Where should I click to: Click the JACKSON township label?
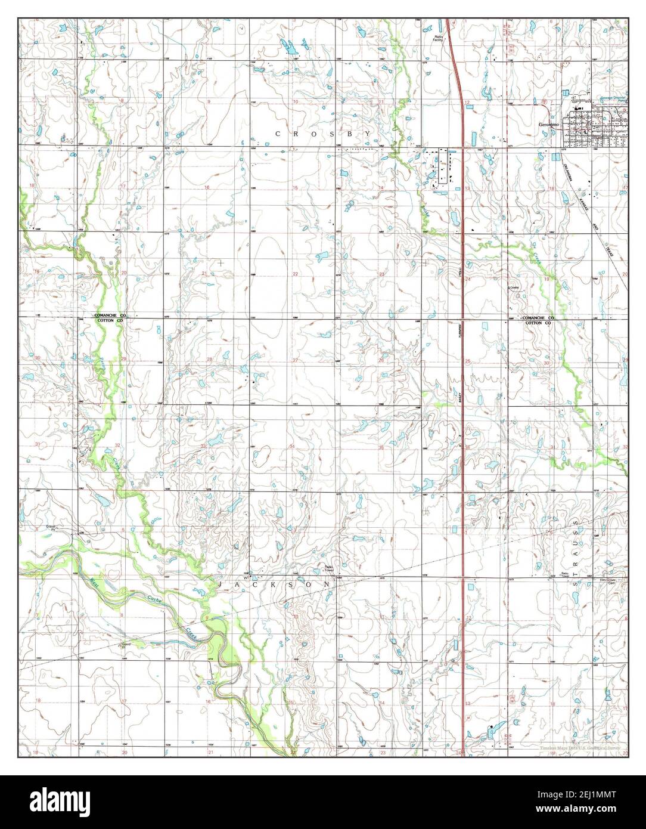275,586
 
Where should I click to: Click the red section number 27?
295,360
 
